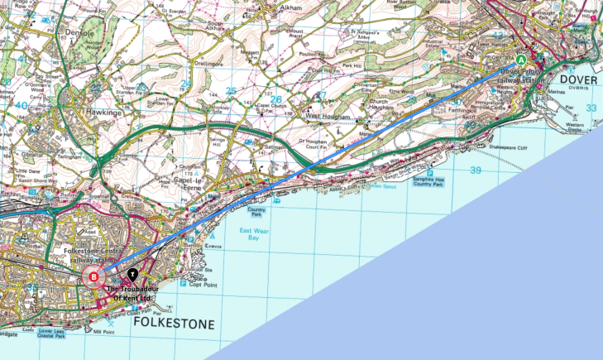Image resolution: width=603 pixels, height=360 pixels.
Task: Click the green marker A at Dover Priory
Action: tap(520, 60)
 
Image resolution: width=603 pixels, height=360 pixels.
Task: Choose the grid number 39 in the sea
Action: tap(475, 170)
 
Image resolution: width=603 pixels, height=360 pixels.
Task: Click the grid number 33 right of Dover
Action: tap(590, 108)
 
